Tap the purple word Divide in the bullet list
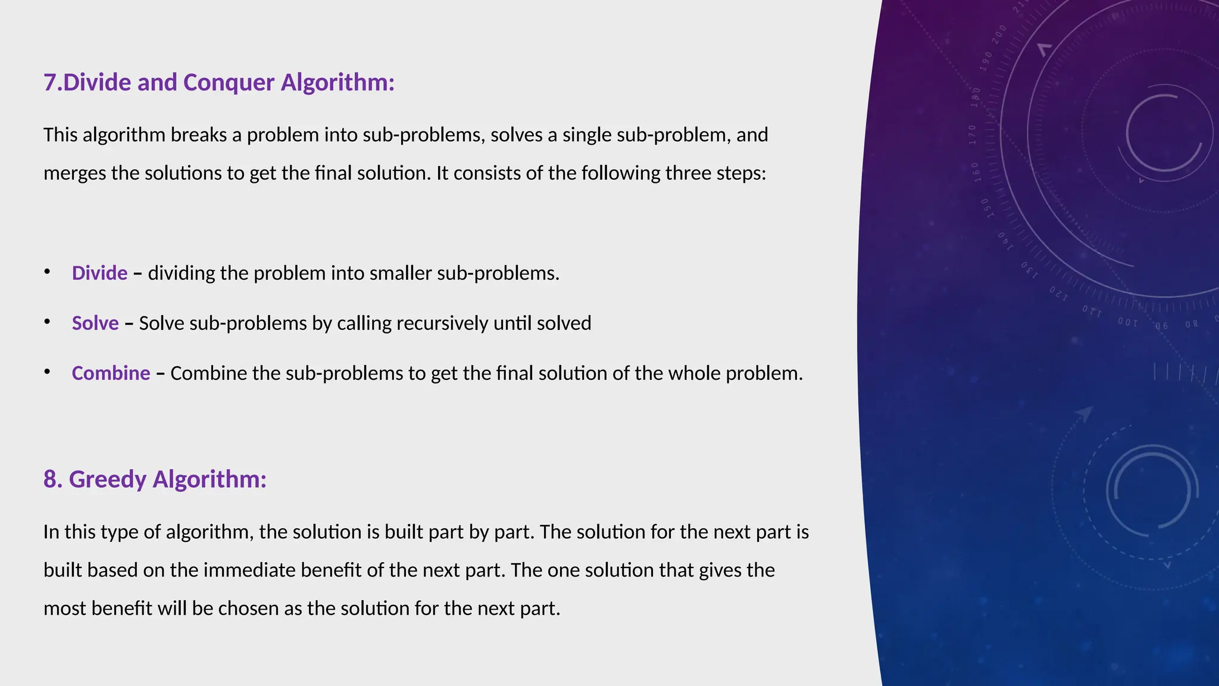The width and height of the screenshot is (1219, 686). click(x=99, y=273)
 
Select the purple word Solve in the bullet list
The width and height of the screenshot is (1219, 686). click(x=95, y=323)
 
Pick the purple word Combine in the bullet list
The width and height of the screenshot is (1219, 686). click(x=111, y=373)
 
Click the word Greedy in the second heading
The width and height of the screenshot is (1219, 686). click(x=107, y=479)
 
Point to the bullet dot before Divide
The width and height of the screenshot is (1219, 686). click(x=47, y=272)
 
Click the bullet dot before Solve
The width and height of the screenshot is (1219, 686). click(x=47, y=322)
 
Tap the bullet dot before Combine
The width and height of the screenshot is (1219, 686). click(x=47, y=372)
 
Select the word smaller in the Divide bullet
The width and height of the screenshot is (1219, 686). click(x=400, y=273)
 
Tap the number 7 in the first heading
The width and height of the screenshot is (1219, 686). click(x=49, y=82)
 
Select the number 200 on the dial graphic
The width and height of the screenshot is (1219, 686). click(x=999, y=33)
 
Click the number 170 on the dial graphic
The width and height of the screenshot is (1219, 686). click(x=973, y=135)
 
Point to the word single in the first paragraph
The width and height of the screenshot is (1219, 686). click(x=586, y=135)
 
